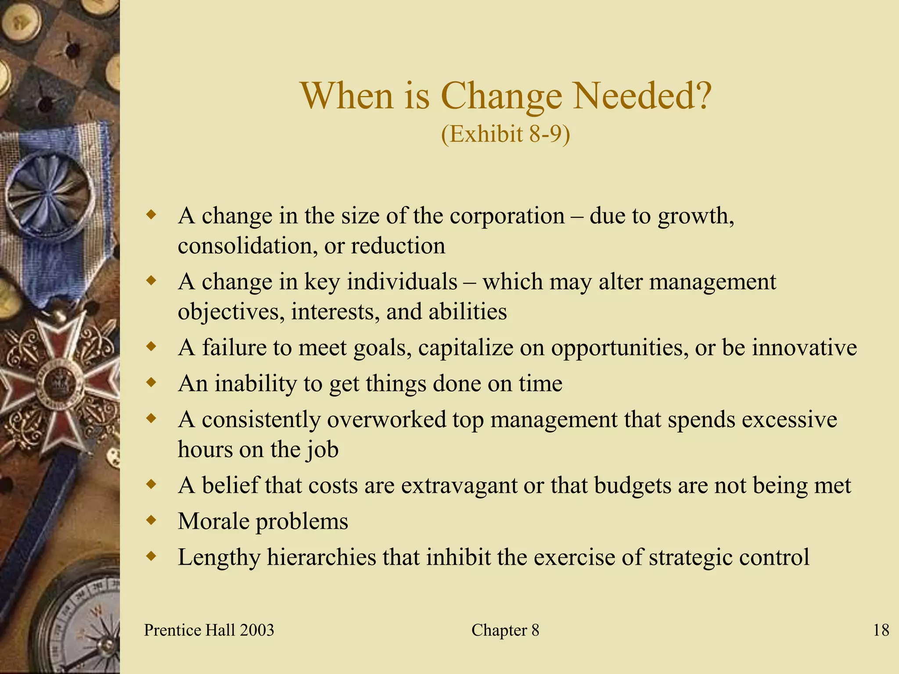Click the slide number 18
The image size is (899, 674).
[881, 630]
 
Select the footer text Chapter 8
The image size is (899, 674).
[505, 630]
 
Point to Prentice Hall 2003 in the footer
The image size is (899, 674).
[209, 630]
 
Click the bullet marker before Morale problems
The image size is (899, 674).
[151, 521]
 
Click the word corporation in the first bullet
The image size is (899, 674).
[507, 216]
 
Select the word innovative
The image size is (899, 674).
[804, 348]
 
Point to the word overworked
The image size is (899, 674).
[386, 419]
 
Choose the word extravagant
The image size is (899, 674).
[459, 486]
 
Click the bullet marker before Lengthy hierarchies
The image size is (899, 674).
[151, 557]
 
